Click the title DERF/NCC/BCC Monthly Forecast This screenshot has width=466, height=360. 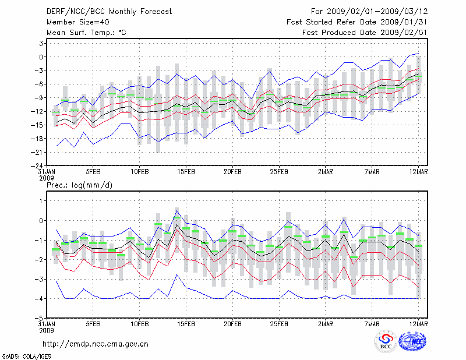tap(104, 11)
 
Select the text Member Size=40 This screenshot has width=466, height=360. tap(74, 22)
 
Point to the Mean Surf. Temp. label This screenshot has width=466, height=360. tap(86, 33)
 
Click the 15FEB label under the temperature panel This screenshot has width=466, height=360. tap(186, 172)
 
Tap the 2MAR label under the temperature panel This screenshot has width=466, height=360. tap(326, 172)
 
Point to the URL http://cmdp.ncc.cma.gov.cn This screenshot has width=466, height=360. tap(96, 344)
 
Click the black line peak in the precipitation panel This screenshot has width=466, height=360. tap(176, 211)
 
